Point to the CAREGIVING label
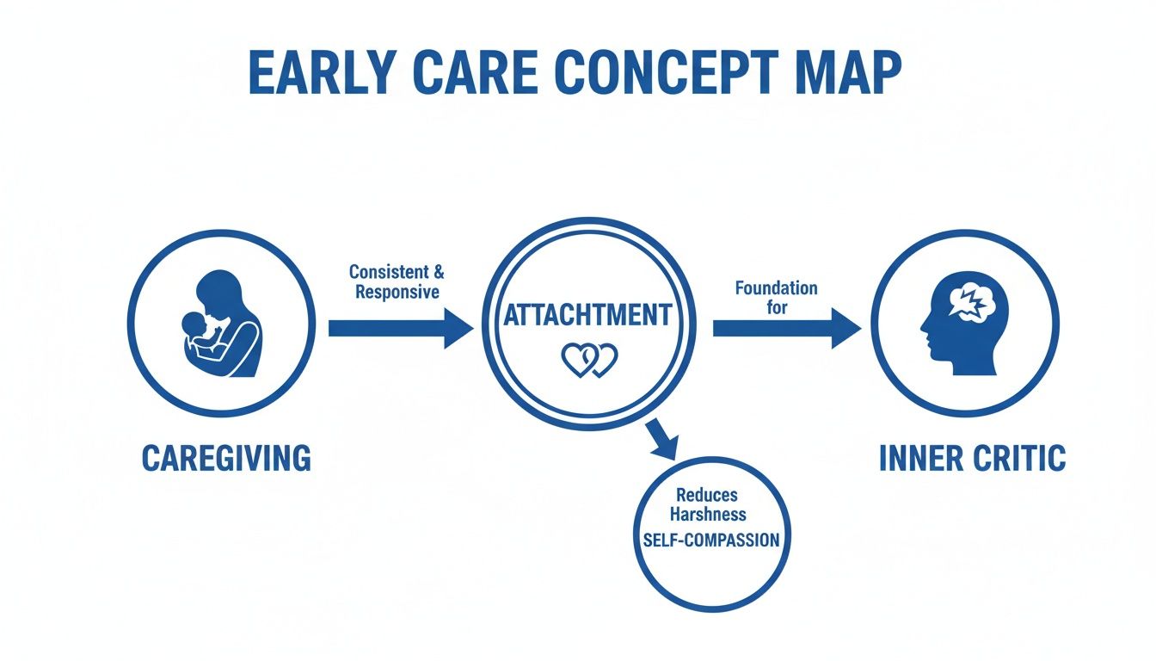pyautogui.click(x=226, y=458)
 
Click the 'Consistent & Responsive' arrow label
pyautogui.click(x=397, y=281)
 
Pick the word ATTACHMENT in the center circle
pyautogui.click(x=587, y=315)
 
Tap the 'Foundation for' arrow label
pyautogui.click(x=776, y=297)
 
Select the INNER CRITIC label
pyautogui.click(x=972, y=458)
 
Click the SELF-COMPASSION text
pyautogui.click(x=711, y=541)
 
